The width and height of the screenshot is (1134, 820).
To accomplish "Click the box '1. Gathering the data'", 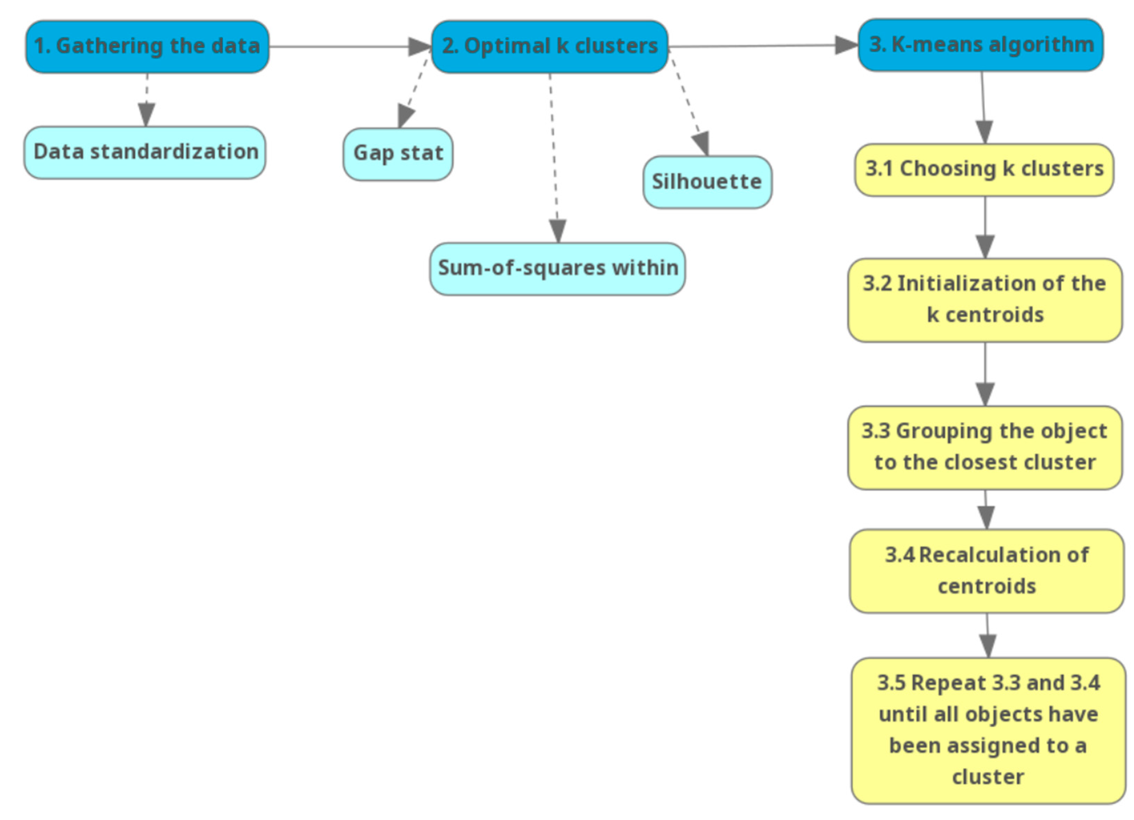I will tap(147, 47).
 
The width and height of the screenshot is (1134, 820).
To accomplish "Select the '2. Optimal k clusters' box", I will tap(549, 47).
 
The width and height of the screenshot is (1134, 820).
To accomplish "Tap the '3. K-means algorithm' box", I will tap(980, 45).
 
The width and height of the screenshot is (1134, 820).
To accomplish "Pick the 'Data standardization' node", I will tap(145, 152).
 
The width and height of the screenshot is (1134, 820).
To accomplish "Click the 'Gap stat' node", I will tap(398, 154).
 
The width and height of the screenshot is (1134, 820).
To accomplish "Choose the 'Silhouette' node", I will tap(707, 182).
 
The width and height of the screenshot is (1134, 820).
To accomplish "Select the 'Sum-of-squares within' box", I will tap(557, 269).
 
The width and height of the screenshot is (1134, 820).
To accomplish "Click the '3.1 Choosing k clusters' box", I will tap(984, 170).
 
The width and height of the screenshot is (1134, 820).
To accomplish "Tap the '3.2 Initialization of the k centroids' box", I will tap(985, 300).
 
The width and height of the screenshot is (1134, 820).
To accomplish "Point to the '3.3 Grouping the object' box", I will tap(985, 447).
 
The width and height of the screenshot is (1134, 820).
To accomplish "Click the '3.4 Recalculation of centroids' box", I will tap(986, 571).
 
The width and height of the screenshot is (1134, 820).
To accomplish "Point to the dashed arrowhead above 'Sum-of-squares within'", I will tap(557, 231).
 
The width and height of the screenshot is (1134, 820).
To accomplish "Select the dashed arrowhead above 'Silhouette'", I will tap(702, 143).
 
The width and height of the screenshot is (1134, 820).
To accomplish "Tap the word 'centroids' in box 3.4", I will tap(986, 587).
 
